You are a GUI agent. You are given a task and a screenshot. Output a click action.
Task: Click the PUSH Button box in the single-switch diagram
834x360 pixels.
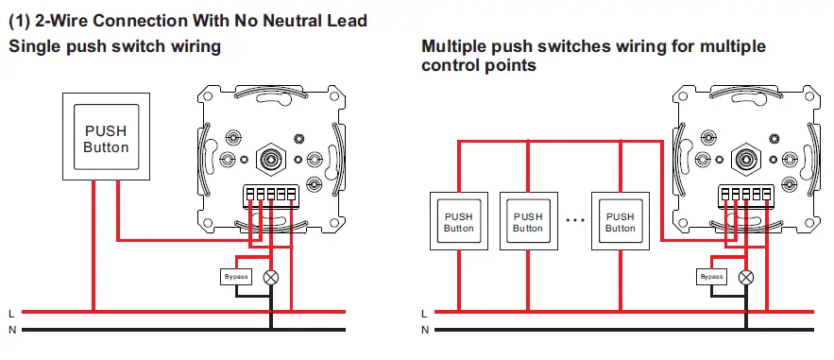click(x=106, y=139)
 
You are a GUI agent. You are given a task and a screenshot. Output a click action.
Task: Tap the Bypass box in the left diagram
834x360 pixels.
click(x=235, y=277)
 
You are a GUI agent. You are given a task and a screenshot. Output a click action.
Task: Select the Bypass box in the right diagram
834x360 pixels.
click(x=712, y=277)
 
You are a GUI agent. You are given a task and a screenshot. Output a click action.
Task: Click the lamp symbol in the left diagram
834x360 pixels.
click(x=271, y=277)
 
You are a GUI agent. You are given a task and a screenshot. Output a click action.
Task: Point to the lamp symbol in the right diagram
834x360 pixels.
click(x=747, y=277)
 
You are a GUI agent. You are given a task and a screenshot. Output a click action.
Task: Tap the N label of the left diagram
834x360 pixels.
click(x=10, y=330)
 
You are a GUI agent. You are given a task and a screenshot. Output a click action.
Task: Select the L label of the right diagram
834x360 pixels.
click(x=425, y=312)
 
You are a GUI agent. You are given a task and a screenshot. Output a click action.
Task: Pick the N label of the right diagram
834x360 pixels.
click(x=425, y=330)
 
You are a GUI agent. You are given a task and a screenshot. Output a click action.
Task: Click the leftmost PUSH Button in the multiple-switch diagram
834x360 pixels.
click(x=459, y=222)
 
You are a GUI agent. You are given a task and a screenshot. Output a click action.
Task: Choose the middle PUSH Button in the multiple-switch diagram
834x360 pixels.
click(x=528, y=222)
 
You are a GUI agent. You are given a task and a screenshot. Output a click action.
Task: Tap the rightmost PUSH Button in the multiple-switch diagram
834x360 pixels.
click(x=620, y=222)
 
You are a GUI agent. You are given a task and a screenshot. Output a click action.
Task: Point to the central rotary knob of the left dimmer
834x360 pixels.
click(x=271, y=158)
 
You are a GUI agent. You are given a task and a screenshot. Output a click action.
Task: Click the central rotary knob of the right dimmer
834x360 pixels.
click(x=747, y=158)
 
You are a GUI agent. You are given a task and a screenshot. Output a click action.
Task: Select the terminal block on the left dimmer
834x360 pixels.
click(x=271, y=197)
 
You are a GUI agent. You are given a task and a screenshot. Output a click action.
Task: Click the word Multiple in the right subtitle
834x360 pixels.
click(x=457, y=45)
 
